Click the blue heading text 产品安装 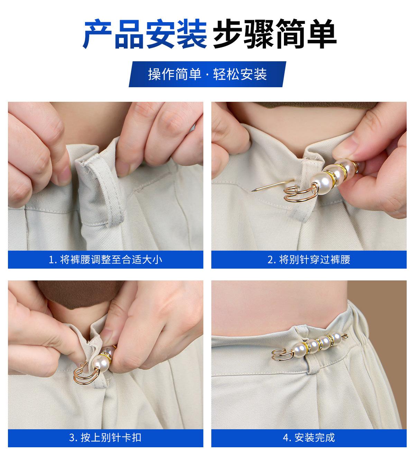[x=145, y=34]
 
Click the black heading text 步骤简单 [x=275, y=34]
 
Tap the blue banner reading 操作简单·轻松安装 [x=207, y=74]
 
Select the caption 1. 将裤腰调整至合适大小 [x=105, y=260]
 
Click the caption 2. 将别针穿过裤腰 [x=309, y=260]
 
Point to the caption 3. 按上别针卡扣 [x=105, y=438]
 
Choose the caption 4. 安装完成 [x=309, y=438]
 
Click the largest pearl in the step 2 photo [x=321, y=183]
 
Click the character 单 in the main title [x=322, y=34]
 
